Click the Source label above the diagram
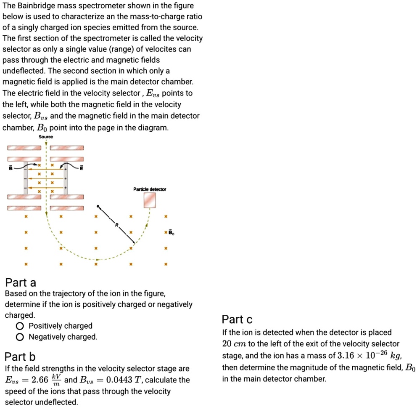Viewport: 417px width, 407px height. (x=46, y=137)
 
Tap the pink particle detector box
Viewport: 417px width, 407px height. (x=150, y=200)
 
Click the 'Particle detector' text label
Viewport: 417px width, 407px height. (x=150, y=189)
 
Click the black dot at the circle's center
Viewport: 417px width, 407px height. (x=98, y=207)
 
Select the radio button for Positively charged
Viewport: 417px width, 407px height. (x=19, y=326)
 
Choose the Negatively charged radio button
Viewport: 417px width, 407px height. (x=19, y=337)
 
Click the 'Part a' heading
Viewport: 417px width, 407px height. (x=21, y=282)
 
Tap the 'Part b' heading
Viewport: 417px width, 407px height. (x=20, y=357)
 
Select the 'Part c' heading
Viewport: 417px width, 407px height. (x=237, y=319)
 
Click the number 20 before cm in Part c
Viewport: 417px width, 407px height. (x=227, y=344)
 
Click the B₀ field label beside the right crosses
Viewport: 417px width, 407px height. (x=171, y=232)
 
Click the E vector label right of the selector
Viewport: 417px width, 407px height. (x=82, y=168)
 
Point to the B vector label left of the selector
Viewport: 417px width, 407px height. (x=11, y=168)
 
